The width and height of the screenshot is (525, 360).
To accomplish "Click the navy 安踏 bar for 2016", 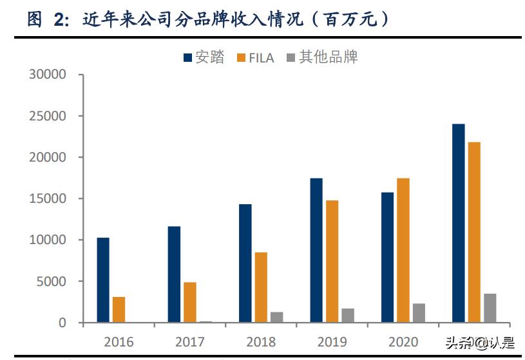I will [103, 280].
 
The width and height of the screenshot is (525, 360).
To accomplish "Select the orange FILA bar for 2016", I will [119, 310].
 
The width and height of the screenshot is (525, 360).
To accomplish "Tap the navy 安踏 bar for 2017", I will [174, 274].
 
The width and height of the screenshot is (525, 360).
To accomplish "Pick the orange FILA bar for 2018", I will [261, 287].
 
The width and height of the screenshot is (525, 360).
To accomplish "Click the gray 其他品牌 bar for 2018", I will [276, 317].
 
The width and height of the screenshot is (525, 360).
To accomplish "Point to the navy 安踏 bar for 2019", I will [316, 251].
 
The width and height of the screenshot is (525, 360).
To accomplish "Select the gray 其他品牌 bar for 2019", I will [348, 316].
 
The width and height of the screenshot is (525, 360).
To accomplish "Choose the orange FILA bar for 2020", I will [403, 251].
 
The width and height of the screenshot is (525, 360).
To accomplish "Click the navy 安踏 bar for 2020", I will [387, 258].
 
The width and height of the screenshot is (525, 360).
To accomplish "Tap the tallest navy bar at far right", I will [459, 223].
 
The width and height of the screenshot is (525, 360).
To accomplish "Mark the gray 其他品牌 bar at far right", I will [490, 308].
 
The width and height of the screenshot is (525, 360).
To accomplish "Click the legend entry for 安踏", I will [204, 57].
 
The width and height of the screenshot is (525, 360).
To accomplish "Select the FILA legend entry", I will [256, 57].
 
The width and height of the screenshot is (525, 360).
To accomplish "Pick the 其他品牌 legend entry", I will [321, 57].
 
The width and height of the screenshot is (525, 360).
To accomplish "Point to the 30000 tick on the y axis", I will [48, 75].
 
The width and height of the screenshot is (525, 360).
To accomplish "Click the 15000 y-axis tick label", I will [48, 199].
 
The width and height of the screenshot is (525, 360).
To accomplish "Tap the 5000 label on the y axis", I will [52, 281].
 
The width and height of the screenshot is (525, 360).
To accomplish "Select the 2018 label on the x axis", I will [260, 341].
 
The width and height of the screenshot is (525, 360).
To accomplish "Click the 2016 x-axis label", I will [119, 341].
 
